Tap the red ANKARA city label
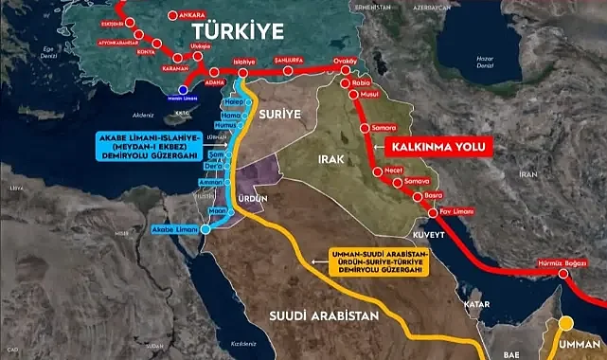190,15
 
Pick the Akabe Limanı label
176,229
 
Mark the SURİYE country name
277,113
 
